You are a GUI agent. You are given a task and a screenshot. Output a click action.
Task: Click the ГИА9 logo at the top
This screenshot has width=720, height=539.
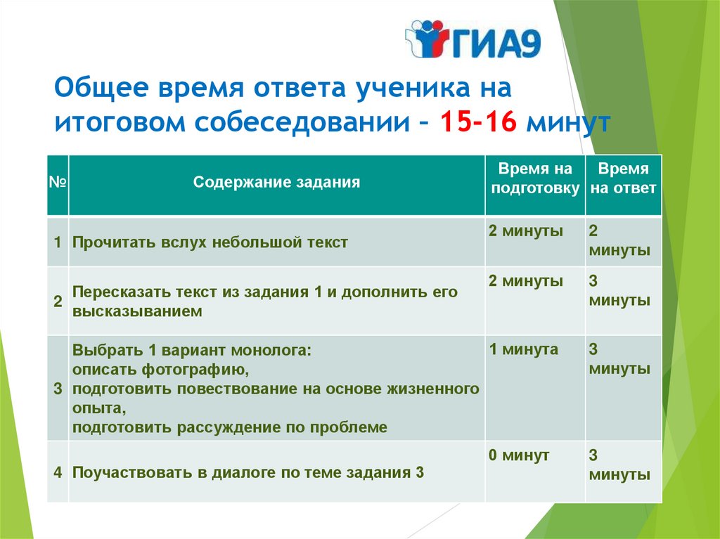[x=473, y=39]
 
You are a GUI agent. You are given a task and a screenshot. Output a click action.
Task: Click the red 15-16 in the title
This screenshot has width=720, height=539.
[x=478, y=122]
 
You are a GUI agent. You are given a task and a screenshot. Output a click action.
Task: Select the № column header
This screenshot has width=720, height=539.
[x=58, y=182]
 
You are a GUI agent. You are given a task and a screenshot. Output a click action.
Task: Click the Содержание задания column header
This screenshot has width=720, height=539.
[x=276, y=182]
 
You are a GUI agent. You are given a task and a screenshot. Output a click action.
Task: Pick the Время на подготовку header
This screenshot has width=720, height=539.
[x=535, y=178]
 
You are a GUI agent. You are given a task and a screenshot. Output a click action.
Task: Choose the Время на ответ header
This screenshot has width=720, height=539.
[x=623, y=178]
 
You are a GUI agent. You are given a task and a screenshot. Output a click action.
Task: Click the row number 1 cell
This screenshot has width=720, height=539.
[x=58, y=242]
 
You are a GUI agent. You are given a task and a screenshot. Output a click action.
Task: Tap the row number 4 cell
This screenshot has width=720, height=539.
[x=58, y=472]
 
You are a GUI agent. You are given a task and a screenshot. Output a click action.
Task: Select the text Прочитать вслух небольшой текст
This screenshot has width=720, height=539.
[x=210, y=242]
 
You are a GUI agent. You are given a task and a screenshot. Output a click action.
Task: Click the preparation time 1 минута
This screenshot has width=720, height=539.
[x=523, y=349]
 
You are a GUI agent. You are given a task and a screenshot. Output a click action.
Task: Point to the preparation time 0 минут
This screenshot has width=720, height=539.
[x=519, y=455]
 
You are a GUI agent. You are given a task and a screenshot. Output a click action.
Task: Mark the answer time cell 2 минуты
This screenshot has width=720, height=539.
[x=619, y=240]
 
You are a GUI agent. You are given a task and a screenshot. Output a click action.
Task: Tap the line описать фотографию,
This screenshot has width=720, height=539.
[x=161, y=370]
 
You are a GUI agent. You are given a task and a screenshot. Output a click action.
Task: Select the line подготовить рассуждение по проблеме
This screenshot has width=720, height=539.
[x=230, y=427]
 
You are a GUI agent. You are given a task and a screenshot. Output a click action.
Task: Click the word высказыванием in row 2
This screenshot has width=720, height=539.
[x=137, y=311]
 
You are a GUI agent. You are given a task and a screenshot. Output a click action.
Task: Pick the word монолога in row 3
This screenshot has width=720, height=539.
[x=271, y=350]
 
